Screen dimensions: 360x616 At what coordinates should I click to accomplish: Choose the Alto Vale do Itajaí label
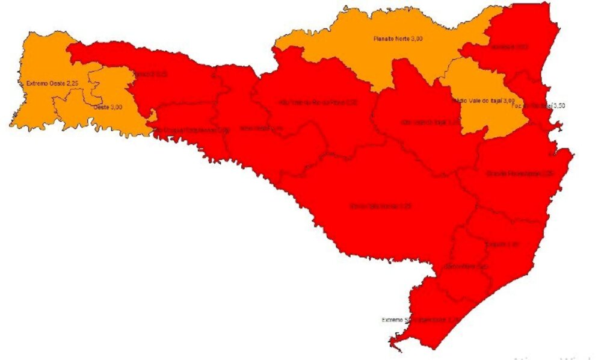431,122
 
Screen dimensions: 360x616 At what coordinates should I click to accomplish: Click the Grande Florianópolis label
520,174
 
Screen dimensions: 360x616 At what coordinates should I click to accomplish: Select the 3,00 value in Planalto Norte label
416,39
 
